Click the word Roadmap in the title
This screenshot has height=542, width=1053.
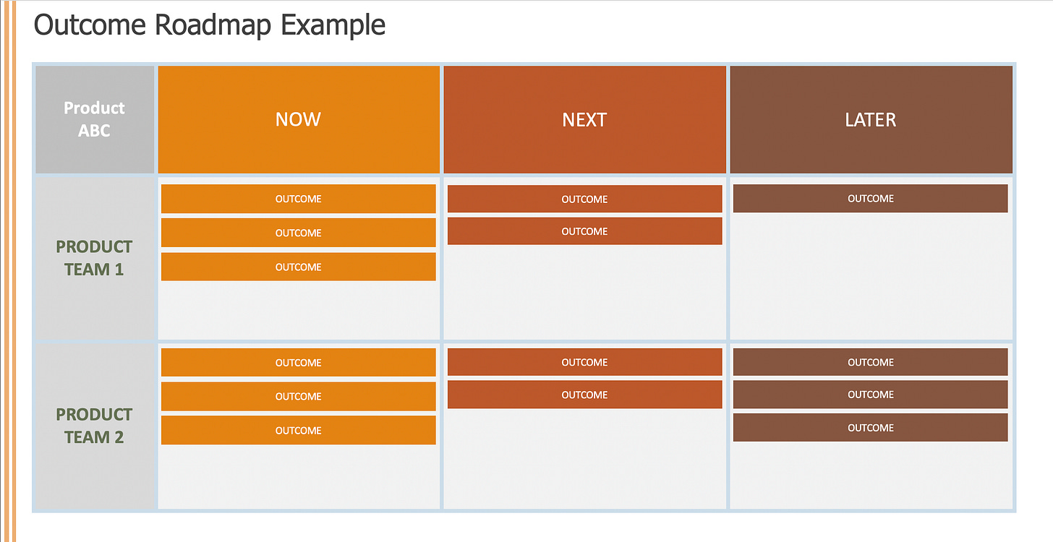point(213,25)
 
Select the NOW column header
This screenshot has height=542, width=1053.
point(299,119)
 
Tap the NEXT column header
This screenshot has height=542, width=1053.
point(585,119)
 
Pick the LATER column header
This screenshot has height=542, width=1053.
point(871,119)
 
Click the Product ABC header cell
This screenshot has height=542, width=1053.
point(95,119)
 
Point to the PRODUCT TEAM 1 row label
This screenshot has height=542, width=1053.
point(95,258)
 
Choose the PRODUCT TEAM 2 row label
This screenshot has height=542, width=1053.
point(95,426)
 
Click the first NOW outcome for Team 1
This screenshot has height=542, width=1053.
point(299,199)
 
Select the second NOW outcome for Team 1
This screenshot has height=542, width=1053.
point(299,233)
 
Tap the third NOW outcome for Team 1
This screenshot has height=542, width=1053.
point(299,267)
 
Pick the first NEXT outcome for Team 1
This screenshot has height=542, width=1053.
point(585,199)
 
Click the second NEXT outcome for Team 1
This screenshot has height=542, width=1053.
point(585,231)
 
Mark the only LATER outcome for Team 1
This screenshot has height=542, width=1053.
point(871,198)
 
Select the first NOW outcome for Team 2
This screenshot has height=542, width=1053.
point(299,362)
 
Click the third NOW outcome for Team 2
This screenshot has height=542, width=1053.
point(299,430)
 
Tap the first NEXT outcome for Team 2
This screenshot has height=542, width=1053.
point(585,362)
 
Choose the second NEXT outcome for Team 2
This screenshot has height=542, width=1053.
point(585,395)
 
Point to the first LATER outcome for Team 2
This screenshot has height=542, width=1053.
point(871,362)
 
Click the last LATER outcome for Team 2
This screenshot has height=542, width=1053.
point(871,427)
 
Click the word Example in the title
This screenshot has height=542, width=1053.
point(333,25)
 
